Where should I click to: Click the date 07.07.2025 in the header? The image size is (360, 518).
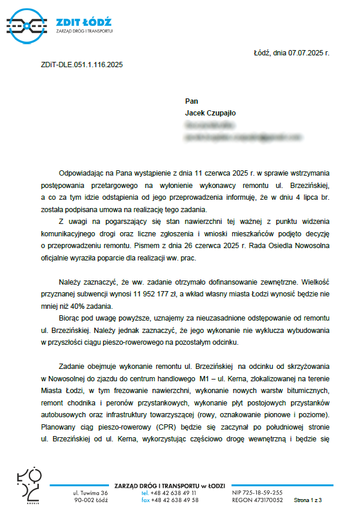point(306,54)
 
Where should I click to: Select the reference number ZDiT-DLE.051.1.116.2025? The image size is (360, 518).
point(82,65)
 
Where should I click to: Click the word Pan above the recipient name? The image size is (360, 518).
point(191,101)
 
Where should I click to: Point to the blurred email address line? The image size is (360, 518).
point(237,137)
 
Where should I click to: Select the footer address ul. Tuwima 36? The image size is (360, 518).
point(90,493)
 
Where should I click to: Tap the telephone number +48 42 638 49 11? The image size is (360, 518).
point(174,493)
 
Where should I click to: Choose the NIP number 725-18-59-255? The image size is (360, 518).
point(265,493)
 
